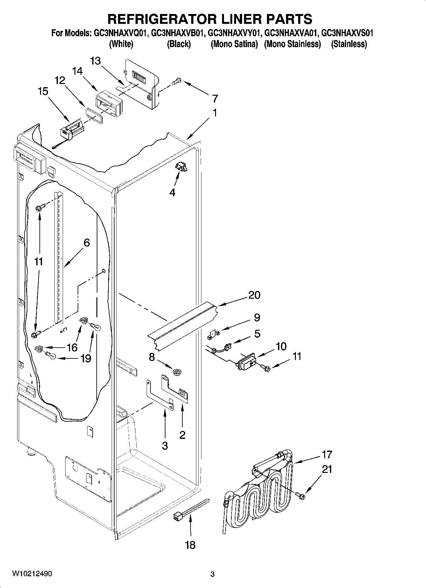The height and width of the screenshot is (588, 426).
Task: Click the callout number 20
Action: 254,295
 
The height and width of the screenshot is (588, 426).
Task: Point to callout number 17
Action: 327,454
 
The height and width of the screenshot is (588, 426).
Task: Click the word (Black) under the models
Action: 178,44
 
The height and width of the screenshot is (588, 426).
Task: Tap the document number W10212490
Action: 32,574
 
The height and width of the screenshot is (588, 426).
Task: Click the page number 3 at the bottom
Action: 212,574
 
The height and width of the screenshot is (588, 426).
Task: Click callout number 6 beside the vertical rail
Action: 87,243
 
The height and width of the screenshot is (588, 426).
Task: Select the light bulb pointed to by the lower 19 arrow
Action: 50,355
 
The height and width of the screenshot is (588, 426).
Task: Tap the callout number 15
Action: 43,92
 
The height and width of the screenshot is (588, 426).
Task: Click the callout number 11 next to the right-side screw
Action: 297,356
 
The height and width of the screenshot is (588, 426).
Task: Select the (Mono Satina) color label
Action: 234,44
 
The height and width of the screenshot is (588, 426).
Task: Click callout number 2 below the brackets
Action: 182,435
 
